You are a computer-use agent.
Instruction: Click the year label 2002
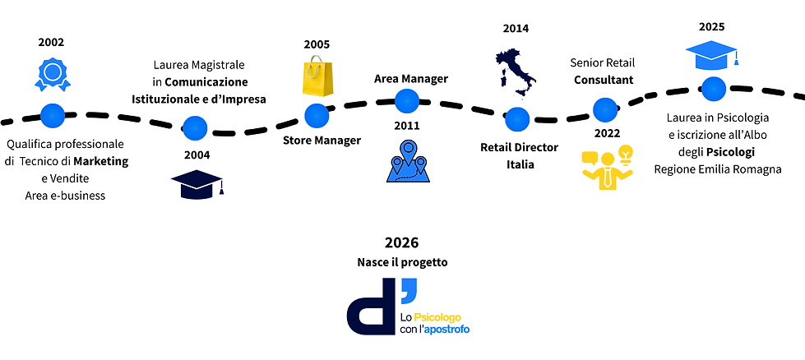pos(51,42)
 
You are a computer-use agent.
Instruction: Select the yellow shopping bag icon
pos(317,75)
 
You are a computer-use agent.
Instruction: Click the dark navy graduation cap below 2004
pos(197,183)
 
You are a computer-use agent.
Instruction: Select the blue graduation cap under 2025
pos(713,55)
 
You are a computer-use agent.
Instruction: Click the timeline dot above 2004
pos(195,127)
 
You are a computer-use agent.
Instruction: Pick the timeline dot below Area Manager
pos(407,100)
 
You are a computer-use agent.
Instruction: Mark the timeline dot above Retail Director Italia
pos(516,119)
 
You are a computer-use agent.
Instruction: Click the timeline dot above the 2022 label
pos(604,109)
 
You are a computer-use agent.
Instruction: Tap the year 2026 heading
pos(402,242)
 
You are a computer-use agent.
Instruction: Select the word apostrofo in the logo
pos(449,329)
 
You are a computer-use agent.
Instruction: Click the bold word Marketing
pos(101,161)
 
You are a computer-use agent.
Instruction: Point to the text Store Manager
pos(322,140)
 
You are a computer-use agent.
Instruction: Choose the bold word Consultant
pos(604,80)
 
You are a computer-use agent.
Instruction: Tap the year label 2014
pos(516,28)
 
